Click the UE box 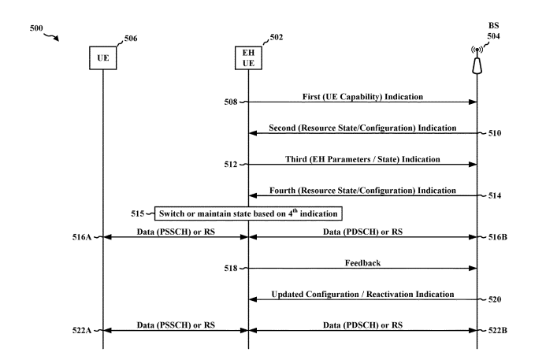pyautogui.click(x=103, y=58)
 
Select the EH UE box pyautogui.click(x=247, y=58)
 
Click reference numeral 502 pyautogui.click(x=276, y=36)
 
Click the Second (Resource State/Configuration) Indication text pyautogui.click(x=363, y=127)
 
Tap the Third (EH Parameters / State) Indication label pyautogui.click(x=363, y=158)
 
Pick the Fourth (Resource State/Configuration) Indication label pyautogui.click(x=363, y=190)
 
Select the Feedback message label pyautogui.click(x=363, y=262)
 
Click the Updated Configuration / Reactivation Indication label pyautogui.click(x=363, y=294)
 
